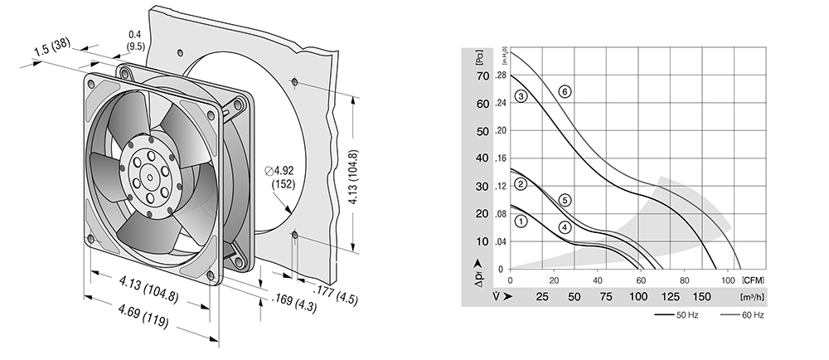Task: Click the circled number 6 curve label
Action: (x=565, y=92)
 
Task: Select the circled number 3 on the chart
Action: (x=521, y=96)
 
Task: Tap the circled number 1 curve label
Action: (x=521, y=221)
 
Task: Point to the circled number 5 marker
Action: (x=565, y=201)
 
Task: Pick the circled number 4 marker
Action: (x=565, y=227)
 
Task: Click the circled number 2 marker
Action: (x=521, y=184)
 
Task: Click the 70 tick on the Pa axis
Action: (x=482, y=76)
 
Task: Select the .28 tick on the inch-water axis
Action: (x=500, y=76)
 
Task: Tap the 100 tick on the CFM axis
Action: (x=728, y=280)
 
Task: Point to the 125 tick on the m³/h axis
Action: (x=671, y=297)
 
